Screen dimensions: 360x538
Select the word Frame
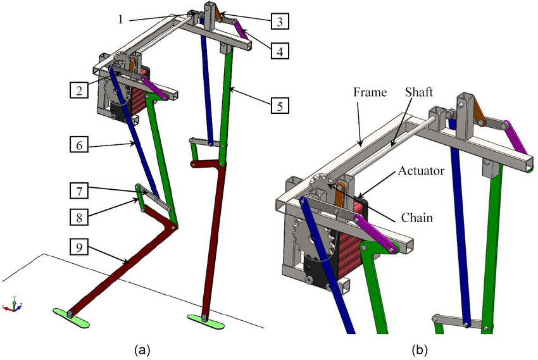(368, 92)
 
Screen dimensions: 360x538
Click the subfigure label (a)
(140, 349)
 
